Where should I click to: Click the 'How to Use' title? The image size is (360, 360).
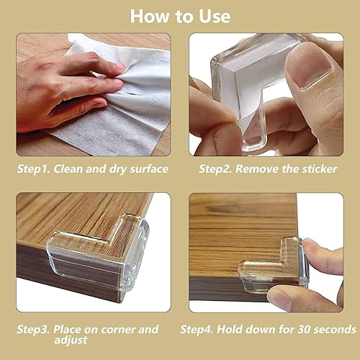click(180, 16)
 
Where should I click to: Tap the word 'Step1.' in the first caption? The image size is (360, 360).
click(36, 170)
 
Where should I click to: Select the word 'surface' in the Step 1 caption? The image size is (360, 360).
click(148, 170)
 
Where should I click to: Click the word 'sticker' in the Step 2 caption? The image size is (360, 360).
click(313, 170)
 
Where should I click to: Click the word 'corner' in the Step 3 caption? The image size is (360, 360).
click(117, 329)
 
